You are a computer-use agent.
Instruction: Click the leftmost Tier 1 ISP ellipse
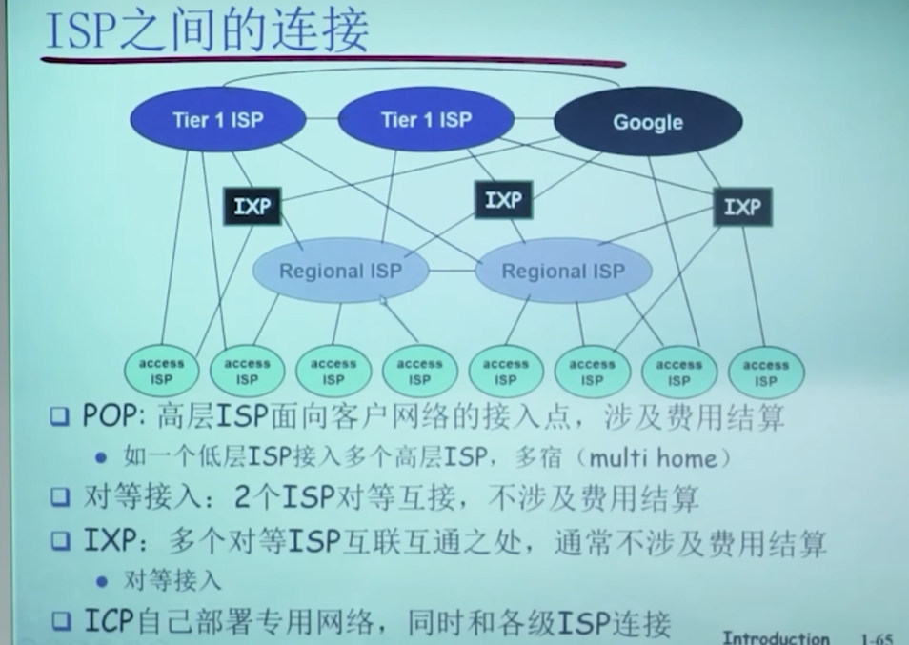click(x=217, y=120)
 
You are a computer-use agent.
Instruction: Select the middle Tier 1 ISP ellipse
click(x=426, y=120)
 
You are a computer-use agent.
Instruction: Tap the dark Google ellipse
click(x=648, y=122)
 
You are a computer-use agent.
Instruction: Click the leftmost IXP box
click(x=252, y=206)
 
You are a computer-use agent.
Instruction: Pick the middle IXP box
click(x=503, y=200)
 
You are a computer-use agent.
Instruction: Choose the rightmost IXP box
click(x=742, y=206)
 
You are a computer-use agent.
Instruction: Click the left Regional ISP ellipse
click(x=340, y=271)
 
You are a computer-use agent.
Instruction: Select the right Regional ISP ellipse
click(x=563, y=272)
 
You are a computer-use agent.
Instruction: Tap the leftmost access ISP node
click(x=161, y=372)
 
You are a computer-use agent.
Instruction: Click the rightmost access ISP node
click(x=766, y=373)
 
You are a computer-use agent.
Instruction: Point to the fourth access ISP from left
click(x=419, y=372)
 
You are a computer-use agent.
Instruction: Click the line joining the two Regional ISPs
click(x=452, y=271)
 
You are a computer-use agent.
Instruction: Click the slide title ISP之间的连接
click(x=207, y=31)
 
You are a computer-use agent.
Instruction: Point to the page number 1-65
click(x=876, y=637)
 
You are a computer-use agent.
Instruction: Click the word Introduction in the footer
click(x=776, y=637)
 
